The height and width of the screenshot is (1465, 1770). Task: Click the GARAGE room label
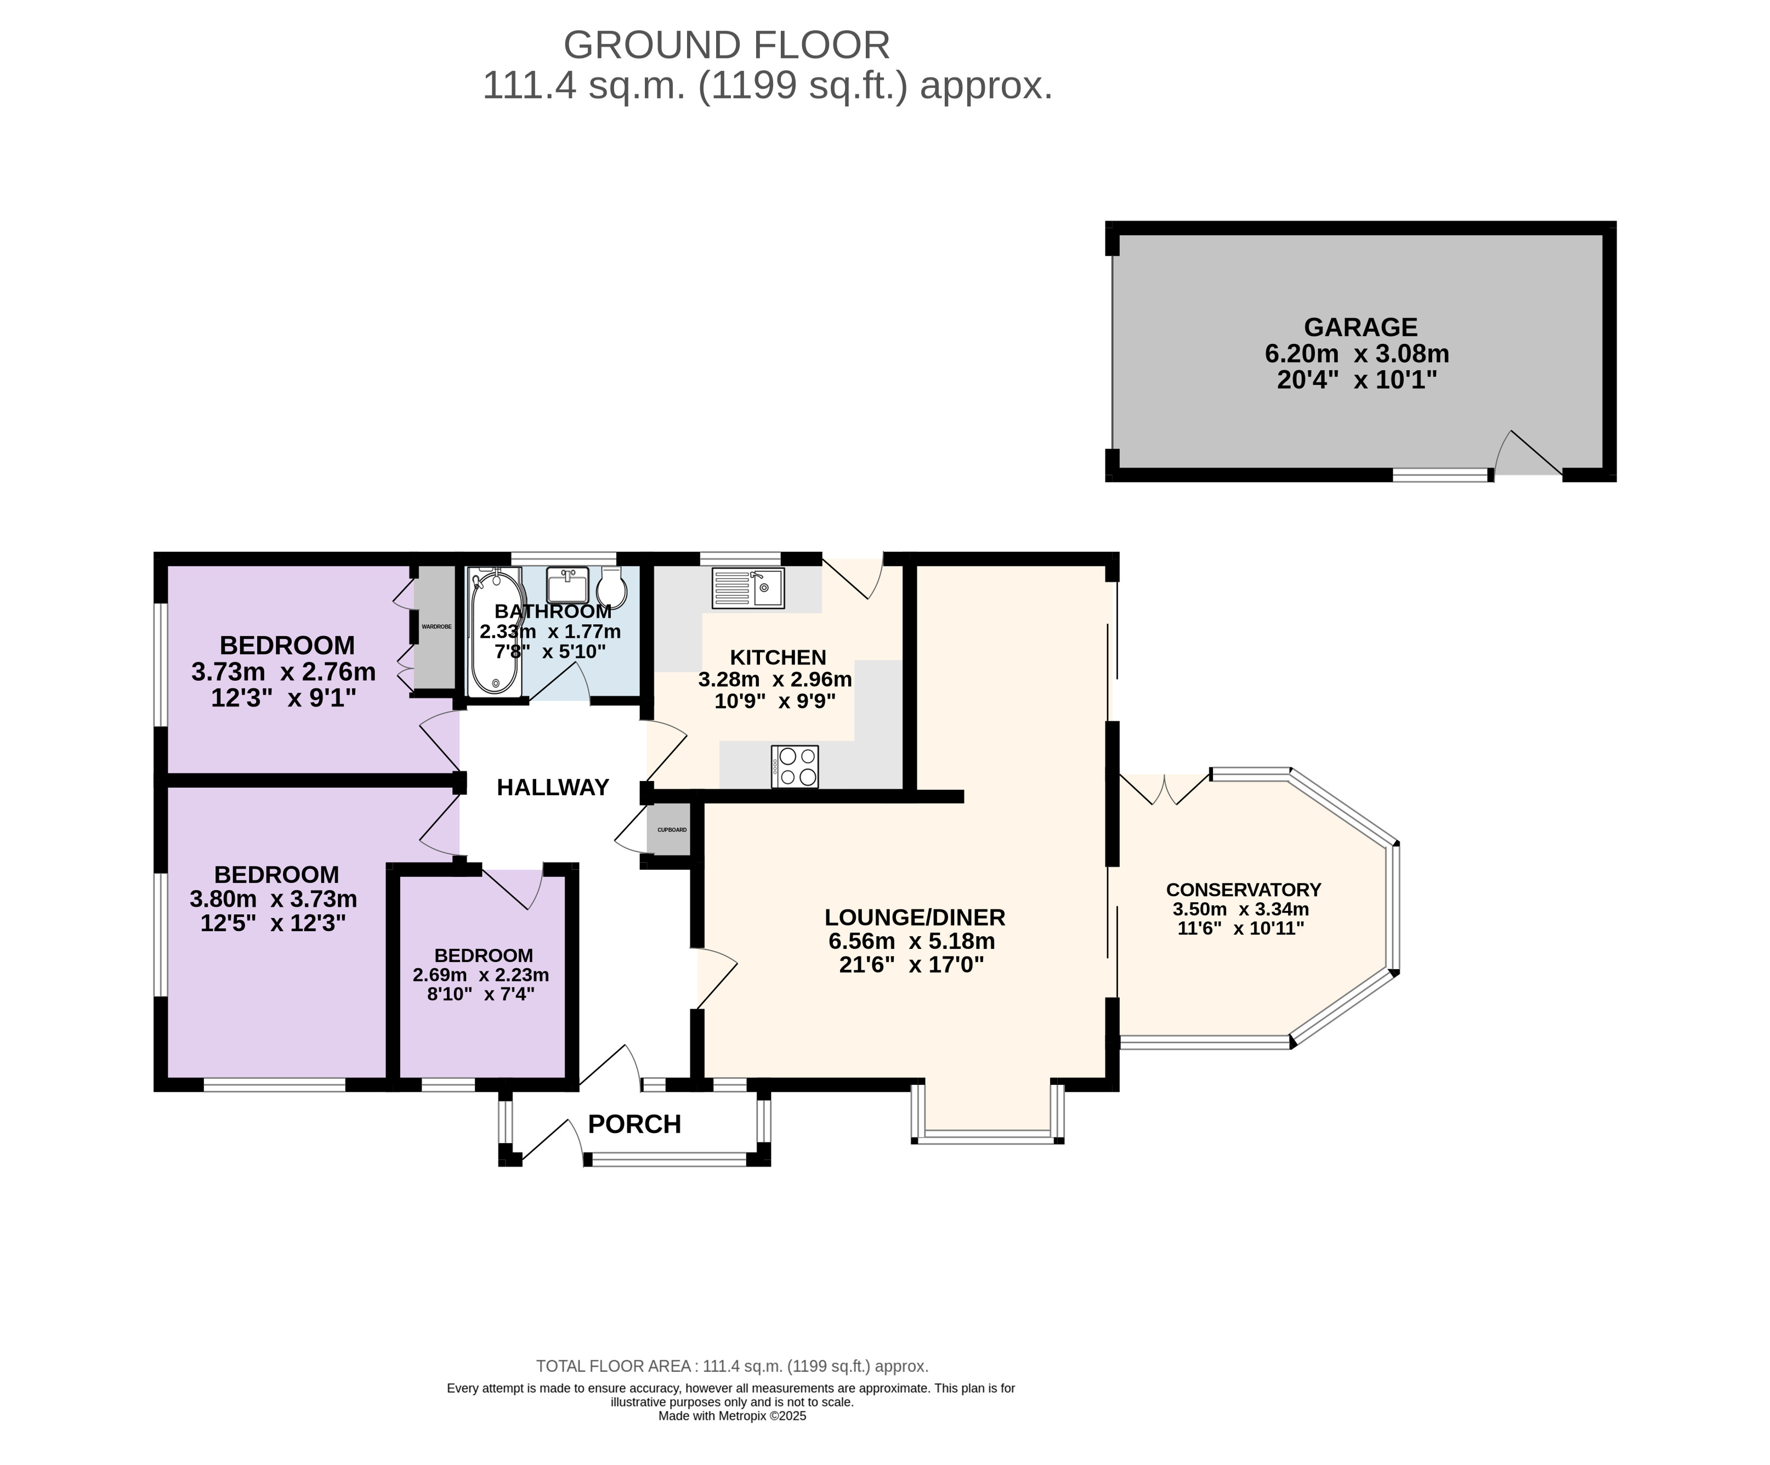pyautogui.click(x=1360, y=327)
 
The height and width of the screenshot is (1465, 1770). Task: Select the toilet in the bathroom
pyautogui.click(x=612, y=587)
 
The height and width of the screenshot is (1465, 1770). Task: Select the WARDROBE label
pyautogui.click(x=436, y=627)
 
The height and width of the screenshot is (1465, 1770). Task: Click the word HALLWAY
pyautogui.click(x=553, y=787)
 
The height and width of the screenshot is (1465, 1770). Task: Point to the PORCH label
pyautogui.click(x=634, y=1124)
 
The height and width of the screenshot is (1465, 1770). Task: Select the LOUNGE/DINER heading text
pyautogui.click(x=915, y=917)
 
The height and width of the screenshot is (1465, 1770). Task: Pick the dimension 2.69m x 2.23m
pyautogui.click(x=480, y=975)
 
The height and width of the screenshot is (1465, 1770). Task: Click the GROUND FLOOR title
pyautogui.click(x=727, y=44)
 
